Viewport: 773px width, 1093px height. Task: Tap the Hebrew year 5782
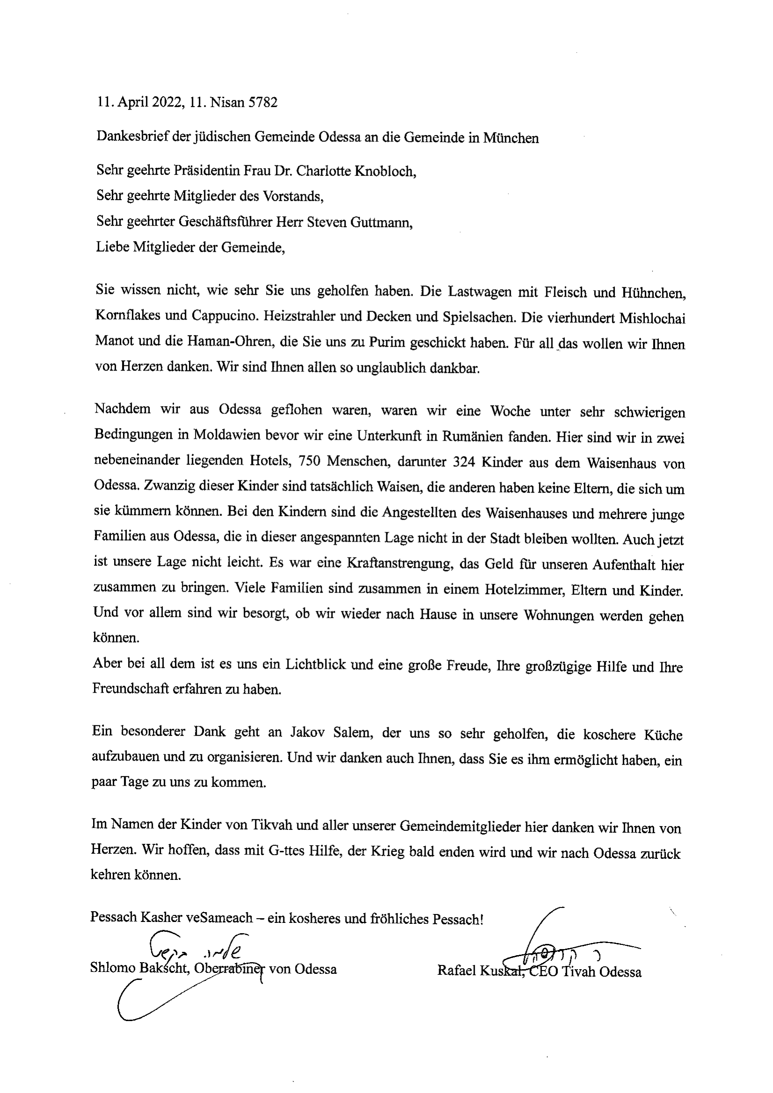(x=263, y=103)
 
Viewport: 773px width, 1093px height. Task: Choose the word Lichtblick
(x=315, y=664)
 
